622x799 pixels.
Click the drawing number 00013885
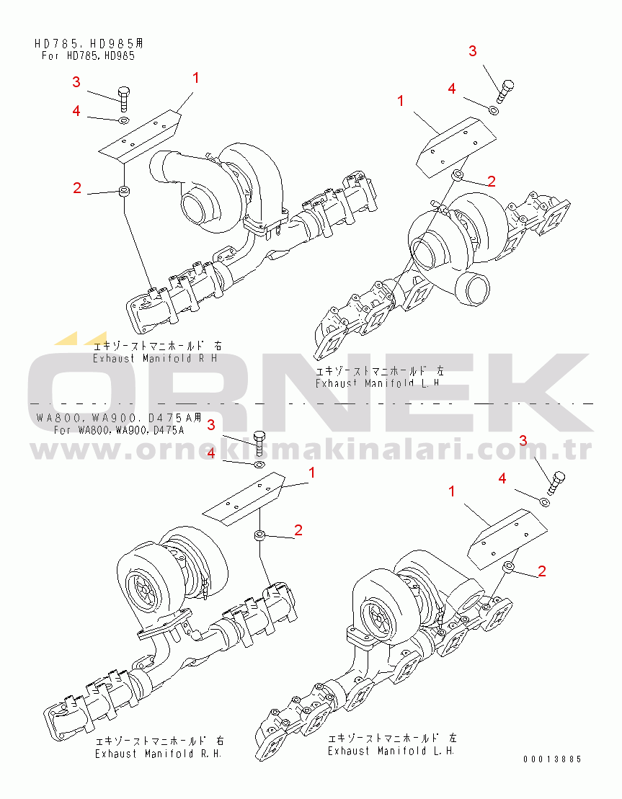coord(552,759)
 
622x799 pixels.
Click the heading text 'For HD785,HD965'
coord(88,55)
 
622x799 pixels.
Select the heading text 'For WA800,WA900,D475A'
coord(119,430)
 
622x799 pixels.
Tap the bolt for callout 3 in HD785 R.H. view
coord(124,99)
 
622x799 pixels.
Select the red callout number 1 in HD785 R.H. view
coord(195,78)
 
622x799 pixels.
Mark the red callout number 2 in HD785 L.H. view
coord(492,181)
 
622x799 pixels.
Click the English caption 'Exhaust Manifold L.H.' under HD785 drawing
coord(378,383)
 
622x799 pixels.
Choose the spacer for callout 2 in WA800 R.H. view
coord(259,536)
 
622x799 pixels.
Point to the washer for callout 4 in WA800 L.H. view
coord(544,502)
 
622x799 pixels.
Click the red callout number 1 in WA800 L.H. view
coord(452,491)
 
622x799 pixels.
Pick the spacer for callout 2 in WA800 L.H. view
coord(508,566)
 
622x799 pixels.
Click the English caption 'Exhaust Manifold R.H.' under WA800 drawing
coord(159,753)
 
